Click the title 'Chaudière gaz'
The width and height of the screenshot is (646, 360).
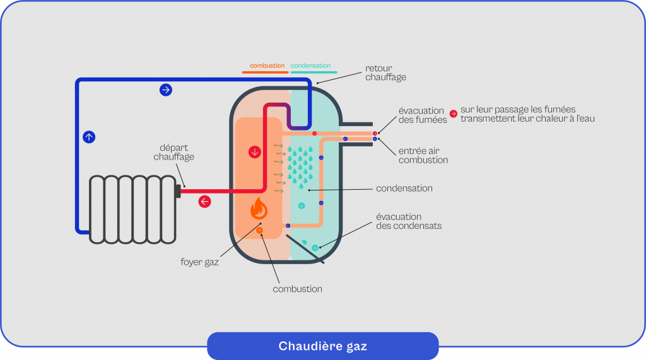pos(322,346)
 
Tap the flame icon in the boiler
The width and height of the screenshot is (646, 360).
pos(259,208)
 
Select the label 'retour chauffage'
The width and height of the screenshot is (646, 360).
pos(385,73)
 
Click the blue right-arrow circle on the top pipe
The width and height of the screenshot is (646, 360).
pos(166,90)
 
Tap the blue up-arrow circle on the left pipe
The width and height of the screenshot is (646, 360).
pos(89,136)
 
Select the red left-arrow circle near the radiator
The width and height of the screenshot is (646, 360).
pos(204,202)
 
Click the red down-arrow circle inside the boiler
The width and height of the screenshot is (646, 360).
pos(255,153)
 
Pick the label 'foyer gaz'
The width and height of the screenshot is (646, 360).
pos(204,262)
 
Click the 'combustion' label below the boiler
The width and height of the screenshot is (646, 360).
pos(297,289)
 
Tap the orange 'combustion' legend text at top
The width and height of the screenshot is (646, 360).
pos(267,66)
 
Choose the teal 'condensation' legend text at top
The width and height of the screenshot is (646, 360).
pos(310,66)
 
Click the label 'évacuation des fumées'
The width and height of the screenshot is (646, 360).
pos(421,115)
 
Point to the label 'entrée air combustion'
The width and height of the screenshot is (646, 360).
pos(423,156)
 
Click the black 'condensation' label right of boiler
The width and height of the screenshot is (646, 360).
pos(404,189)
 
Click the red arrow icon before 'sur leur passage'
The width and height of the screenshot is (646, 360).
pos(453,114)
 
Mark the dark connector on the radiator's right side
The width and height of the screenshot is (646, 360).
pos(178,189)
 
